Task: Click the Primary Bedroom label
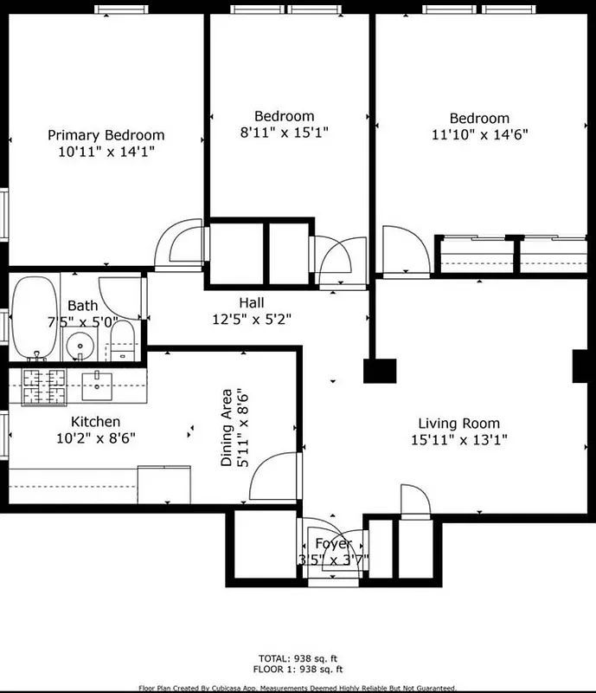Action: (x=106, y=135)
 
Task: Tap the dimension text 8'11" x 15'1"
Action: (x=285, y=133)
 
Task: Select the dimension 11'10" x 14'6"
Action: (x=479, y=134)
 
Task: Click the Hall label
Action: (x=252, y=302)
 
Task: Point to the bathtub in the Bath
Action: (x=34, y=318)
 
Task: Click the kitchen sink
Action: (x=98, y=385)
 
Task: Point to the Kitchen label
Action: (x=95, y=422)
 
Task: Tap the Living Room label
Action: (x=458, y=424)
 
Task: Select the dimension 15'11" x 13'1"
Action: (x=458, y=439)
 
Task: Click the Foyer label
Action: (x=333, y=544)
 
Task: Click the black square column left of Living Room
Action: (x=379, y=371)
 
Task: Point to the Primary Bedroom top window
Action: (x=121, y=10)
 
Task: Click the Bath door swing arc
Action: (x=119, y=295)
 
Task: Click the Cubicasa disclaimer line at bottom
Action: (x=298, y=688)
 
